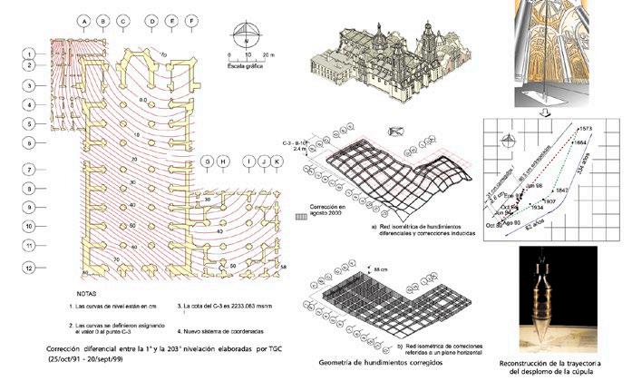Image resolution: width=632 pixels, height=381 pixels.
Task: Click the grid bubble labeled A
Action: coord(84,20)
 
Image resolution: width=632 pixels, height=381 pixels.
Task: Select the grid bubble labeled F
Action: coord(190,20)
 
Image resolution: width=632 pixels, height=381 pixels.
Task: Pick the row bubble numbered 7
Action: coord(29,170)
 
